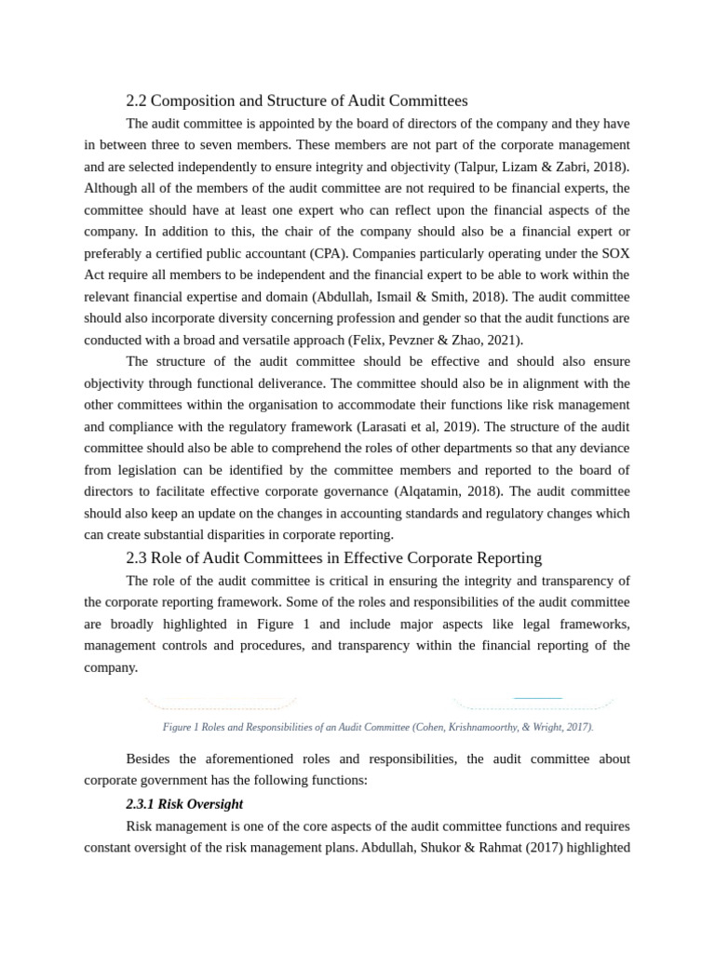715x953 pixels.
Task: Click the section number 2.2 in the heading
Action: (x=136, y=101)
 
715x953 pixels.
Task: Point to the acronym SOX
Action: (x=614, y=253)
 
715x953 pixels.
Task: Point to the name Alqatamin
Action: (x=438, y=491)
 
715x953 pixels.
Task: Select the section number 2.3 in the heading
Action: (x=136, y=558)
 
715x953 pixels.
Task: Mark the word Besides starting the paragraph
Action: (x=151, y=759)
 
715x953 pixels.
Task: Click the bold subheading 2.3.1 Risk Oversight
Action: (x=184, y=803)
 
